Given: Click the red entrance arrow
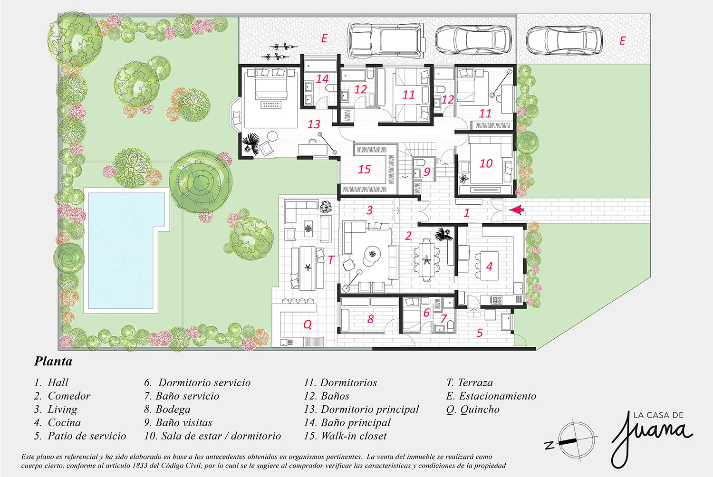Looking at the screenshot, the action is tap(517, 210).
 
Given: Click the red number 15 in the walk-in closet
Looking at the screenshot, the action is tap(364, 169).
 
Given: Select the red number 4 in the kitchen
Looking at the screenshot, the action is tap(490, 267).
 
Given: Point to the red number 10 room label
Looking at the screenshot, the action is tap(486, 163).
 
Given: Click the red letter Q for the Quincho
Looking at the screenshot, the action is tap(308, 324).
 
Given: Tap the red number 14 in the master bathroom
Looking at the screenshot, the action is tap(322, 78).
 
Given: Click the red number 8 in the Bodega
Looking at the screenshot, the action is tap(370, 319).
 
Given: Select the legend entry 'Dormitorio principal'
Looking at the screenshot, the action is tap(361, 409).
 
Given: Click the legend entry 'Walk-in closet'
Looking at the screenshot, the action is tap(345, 436).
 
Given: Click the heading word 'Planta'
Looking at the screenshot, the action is tap(53, 361).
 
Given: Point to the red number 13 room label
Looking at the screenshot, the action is tap(314, 124).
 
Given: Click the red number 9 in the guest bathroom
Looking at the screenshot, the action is tap(427, 172).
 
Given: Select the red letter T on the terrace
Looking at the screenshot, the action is tap(331, 260).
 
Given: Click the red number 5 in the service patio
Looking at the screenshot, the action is tap(480, 333).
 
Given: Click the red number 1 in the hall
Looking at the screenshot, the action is tap(466, 212).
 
